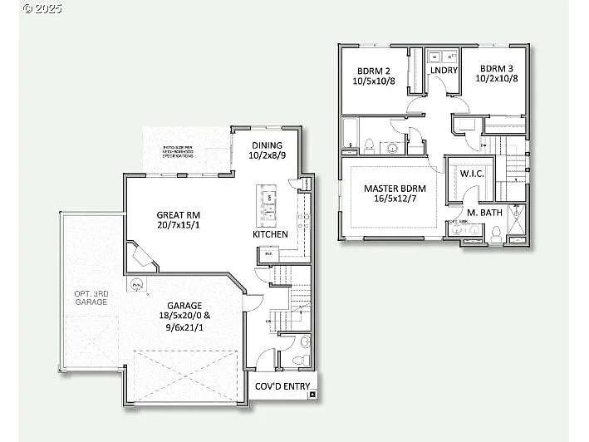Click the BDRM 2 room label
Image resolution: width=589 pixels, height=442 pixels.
(x=373, y=71)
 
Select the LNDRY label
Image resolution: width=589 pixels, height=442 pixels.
(x=444, y=71)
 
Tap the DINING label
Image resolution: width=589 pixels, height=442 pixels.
(x=268, y=145)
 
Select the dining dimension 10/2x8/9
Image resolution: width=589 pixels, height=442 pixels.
(x=268, y=155)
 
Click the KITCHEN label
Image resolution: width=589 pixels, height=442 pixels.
(x=270, y=234)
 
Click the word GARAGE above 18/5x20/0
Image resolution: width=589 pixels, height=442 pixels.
(x=184, y=305)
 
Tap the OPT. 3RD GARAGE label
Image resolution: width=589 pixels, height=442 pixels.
(x=91, y=297)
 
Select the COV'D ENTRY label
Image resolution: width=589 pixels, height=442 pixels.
(x=282, y=386)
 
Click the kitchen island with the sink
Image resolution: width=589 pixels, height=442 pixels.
(x=268, y=206)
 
